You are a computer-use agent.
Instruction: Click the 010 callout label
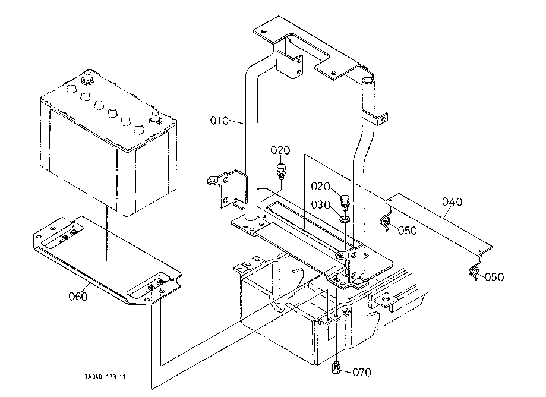pyautogui.click(x=219, y=121)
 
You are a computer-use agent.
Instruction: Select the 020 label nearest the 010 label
pyautogui.click(x=280, y=150)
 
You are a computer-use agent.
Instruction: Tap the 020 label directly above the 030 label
pyautogui.click(x=320, y=186)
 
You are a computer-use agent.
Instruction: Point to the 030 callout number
pyautogui.click(x=320, y=205)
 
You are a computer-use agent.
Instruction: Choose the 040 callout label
pyautogui.click(x=452, y=201)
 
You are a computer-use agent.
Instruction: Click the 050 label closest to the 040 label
pyautogui.click(x=407, y=231)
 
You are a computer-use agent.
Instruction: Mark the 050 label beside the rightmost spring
pyautogui.click(x=494, y=277)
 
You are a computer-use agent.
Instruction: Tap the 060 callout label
pyautogui.click(x=78, y=297)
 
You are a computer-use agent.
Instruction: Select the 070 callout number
pyautogui.click(x=362, y=373)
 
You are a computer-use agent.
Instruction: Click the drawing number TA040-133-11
pyautogui.click(x=105, y=377)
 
